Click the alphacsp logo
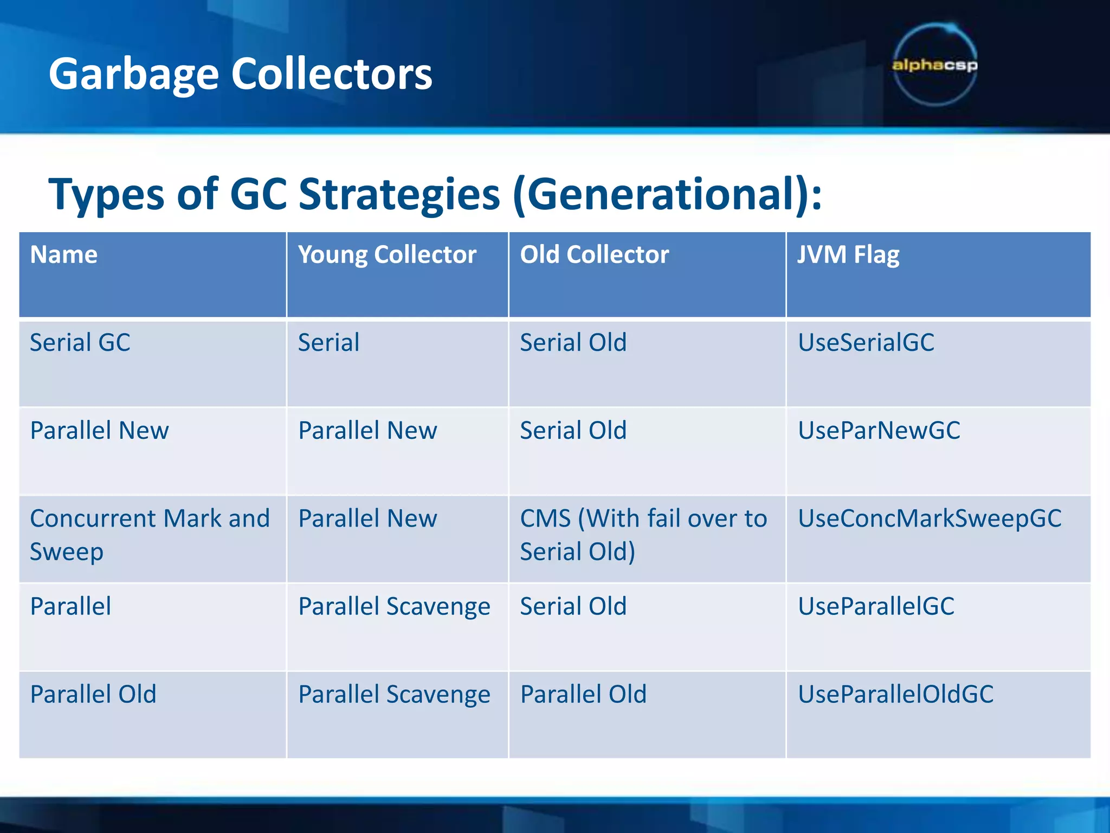pos(935,65)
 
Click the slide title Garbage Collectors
pos(240,74)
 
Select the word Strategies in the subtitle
pos(399,194)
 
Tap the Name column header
pos(64,255)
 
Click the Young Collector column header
pos(387,255)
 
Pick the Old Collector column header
pos(594,255)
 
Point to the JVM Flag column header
pos(848,255)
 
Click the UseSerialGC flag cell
pos(866,343)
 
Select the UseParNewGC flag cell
pos(879,431)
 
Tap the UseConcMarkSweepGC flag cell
pos(929,518)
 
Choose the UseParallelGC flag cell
pos(876,606)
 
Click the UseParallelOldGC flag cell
pos(895,694)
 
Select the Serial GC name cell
pos(80,343)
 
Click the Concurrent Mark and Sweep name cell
pos(150,534)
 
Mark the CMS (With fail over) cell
pos(643,534)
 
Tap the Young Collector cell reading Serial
pos(328,343)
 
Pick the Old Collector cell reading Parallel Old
pos(583,694)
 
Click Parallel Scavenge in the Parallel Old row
pos(394,694)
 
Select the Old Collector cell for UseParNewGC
pos(573,431)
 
